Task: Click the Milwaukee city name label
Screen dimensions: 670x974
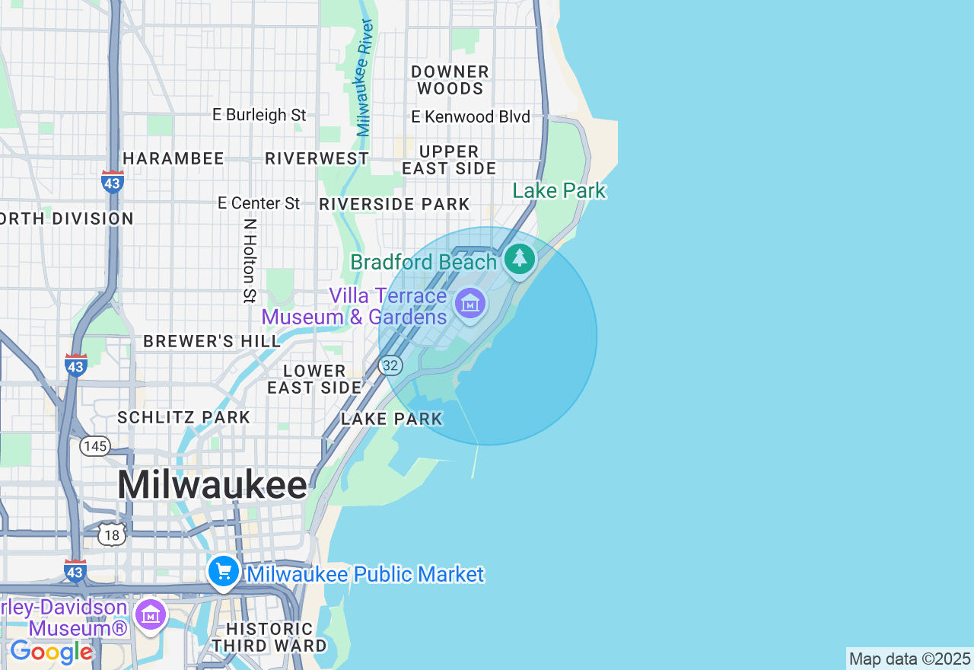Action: (x=212, y=485)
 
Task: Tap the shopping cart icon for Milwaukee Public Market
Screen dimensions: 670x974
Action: (x=224, y=572)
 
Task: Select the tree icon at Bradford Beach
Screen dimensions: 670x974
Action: (x=520, y=259)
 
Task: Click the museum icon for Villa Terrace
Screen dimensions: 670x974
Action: (x=470, y=304)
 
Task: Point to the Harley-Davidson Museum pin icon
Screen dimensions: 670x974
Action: (x=151, y=614)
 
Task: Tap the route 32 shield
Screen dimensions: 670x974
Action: (x=390, y=365)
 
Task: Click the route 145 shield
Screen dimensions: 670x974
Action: (x=95, y=446)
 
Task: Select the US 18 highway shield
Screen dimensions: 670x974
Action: (x=112, y=534)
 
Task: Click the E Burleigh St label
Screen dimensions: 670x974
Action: (x=259, y=115)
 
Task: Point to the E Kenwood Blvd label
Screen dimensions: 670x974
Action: (x=470, y=117)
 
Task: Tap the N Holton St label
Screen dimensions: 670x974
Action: (x=250, y=260)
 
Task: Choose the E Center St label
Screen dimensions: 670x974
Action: (x=259, y=203)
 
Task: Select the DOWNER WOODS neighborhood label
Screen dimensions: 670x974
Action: (x=450, y=80)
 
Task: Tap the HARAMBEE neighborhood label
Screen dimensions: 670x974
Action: (x=173, y=158)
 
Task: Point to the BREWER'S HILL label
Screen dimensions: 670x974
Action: (x=212, y=341)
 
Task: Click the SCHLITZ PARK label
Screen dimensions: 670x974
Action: (x=183, y=417)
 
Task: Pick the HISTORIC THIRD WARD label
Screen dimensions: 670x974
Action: (x=269, y=637)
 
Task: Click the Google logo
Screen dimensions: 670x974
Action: (x=51, y=652)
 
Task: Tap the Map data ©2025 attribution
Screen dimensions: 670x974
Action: (x=909, y=659)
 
